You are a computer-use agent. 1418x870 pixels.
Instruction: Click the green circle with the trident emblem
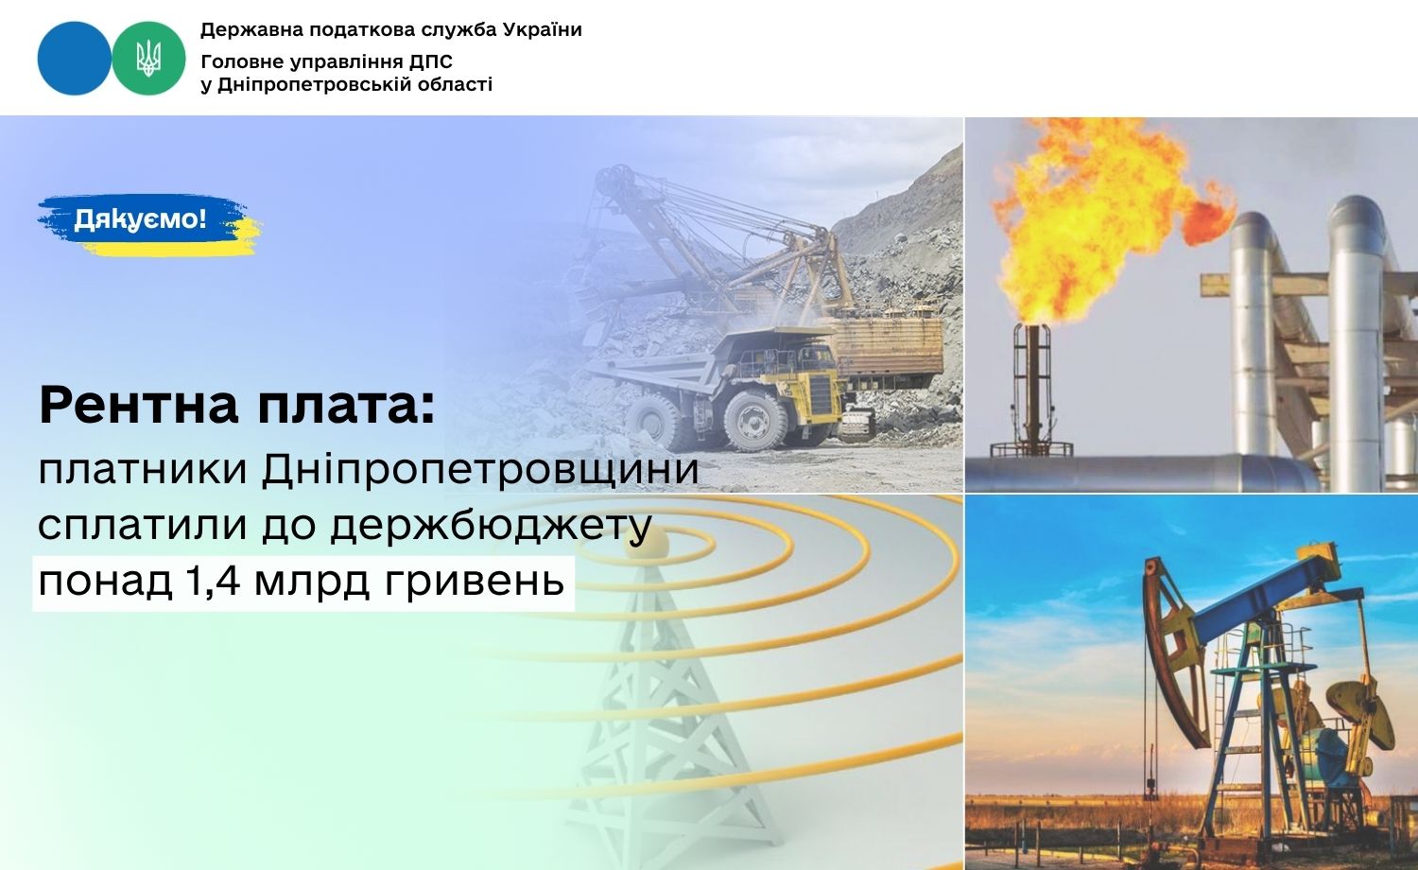click(x=148, y=59)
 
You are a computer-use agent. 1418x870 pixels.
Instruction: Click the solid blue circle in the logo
click(x=74, y=59)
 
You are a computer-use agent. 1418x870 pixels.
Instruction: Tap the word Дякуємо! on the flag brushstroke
click(x=140, y=219)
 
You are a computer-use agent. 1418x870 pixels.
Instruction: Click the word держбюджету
click(x=492, y=526)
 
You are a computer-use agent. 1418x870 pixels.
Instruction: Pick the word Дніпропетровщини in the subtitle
click(x=480, y=470)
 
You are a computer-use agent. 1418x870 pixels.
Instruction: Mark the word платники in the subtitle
click(x=143, y=470)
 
